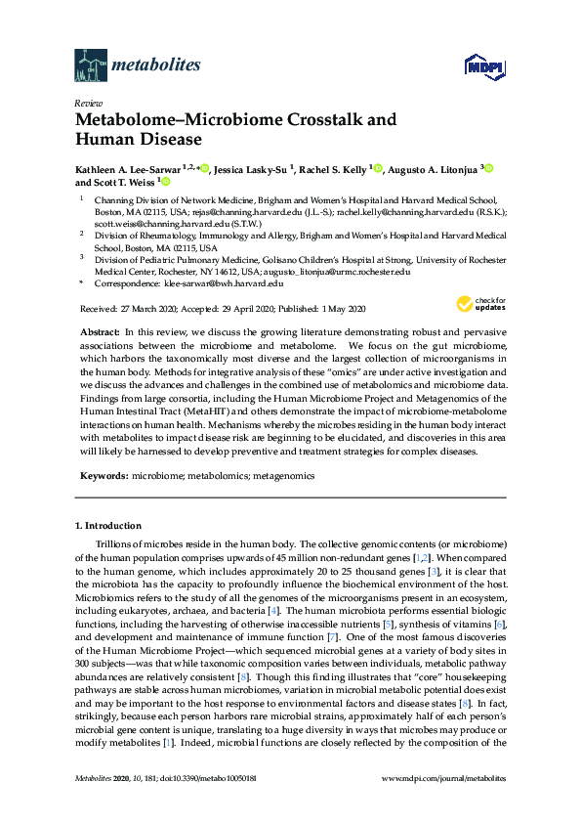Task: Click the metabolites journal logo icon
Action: (x=90, y=65)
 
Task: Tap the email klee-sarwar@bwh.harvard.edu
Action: (x=223, y=282)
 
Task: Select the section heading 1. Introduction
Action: (x=107, y=525)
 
